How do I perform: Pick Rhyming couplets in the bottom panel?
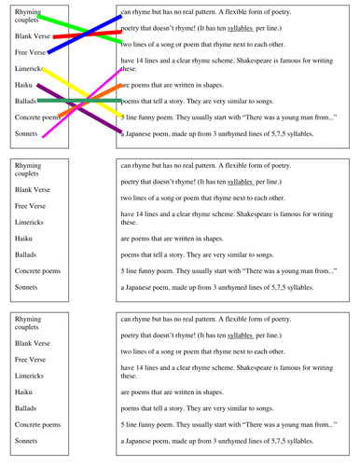33,322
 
